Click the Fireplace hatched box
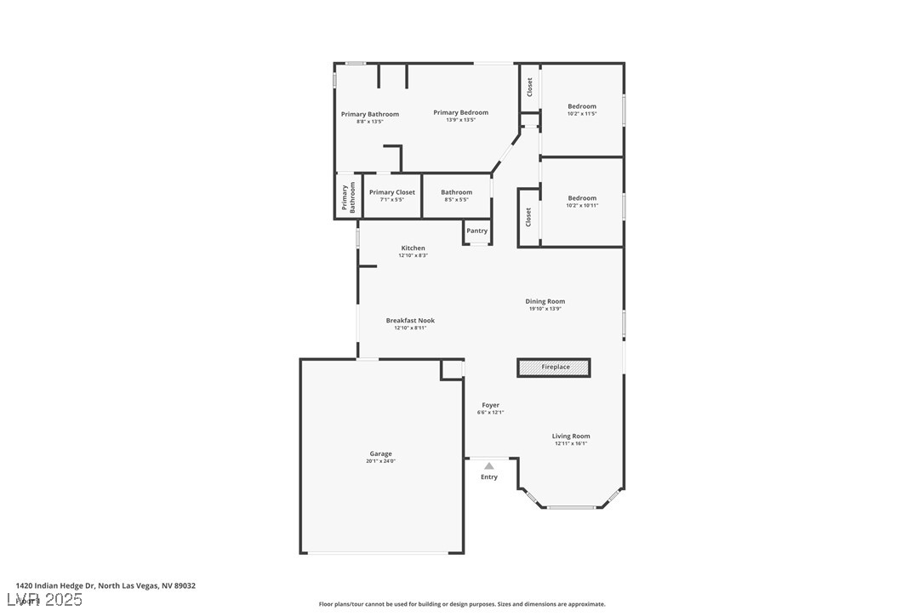tap(554, 368)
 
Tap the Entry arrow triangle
tap(489, 466)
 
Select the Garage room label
tap(380, 453)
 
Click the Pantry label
tap(477, 231)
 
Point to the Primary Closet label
tap(392, 192)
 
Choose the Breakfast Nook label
tap(410, 321)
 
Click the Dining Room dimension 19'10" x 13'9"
tap(545, 309)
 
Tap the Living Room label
tap(571, 436)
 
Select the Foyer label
tap(491, 405)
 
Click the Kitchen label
tap(413, 248)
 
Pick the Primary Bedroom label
tap(460, 112)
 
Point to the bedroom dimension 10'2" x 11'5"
tap(582, 114)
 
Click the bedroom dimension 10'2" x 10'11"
tap(582, 206)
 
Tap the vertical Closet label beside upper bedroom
tap(529, 87)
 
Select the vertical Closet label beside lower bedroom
tap(528, 217)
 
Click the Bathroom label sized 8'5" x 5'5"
tap(456, 192)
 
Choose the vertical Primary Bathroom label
tap(348, 197)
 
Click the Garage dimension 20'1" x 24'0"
tap(380, 461)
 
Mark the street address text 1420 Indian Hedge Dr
tap(56, 585)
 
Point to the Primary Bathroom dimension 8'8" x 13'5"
tap(369, 122)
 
